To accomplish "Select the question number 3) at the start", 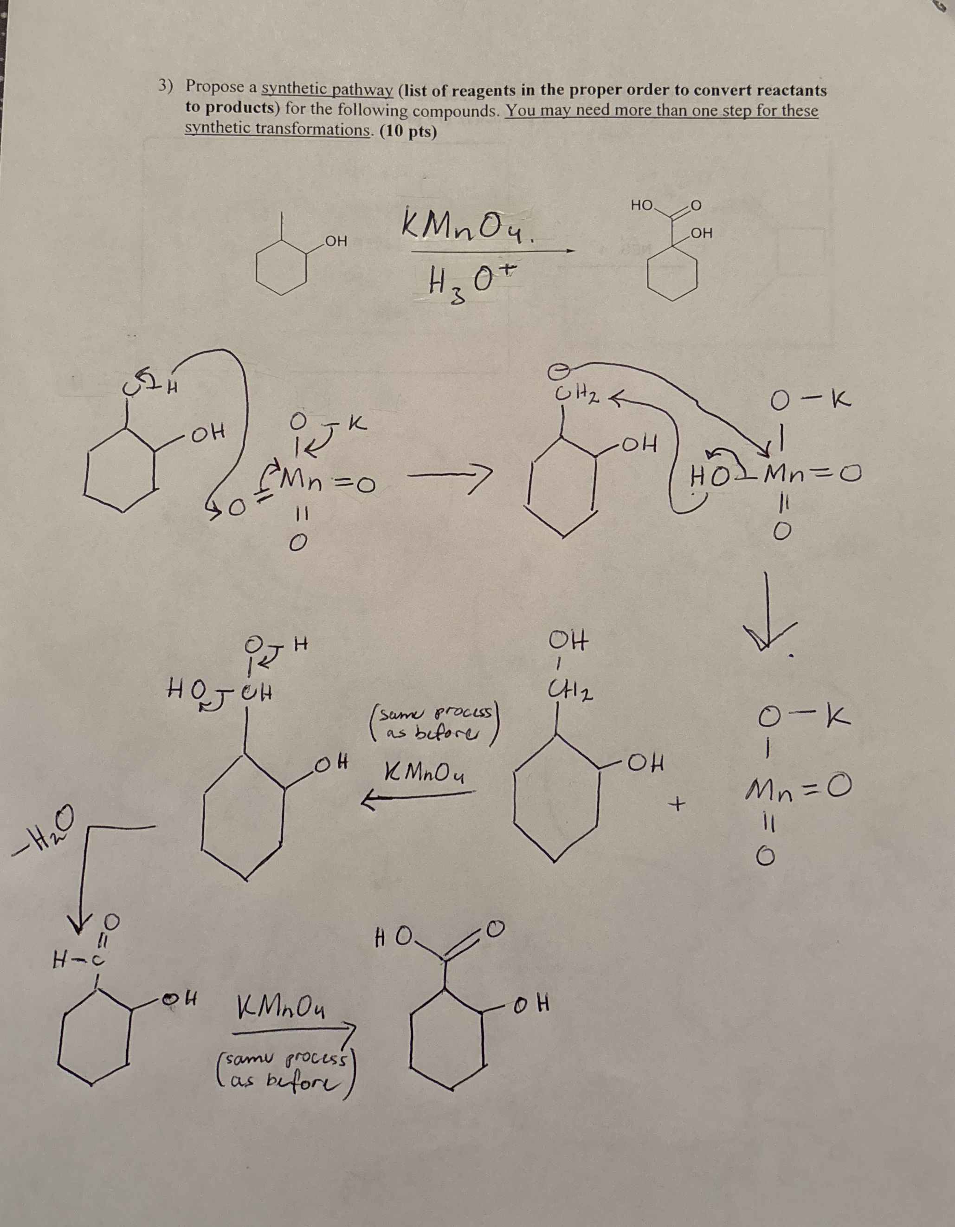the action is [165, 86].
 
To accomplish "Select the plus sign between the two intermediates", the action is [679, 806].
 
